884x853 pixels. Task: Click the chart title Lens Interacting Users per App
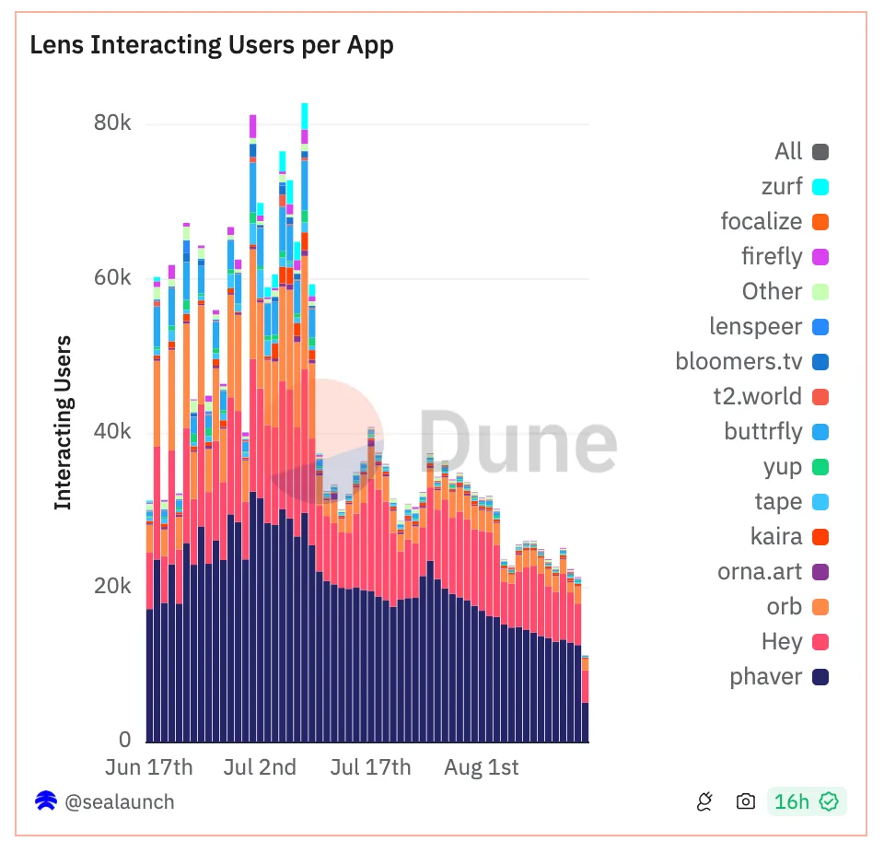click(212, 45)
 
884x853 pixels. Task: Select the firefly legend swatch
click(820, 257)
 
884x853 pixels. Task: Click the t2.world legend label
click(757, 397)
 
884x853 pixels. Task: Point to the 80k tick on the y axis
click(112, 123)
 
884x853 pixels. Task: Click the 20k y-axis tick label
click(112, 587)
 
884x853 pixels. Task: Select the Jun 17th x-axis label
click(150, 767)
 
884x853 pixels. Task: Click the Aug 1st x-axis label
click(482, 767)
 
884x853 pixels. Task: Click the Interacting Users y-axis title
click(63, 423)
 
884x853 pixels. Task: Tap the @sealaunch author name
click(120, 801)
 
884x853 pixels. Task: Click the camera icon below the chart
click(746, 801)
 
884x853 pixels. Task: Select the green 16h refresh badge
click(807, 801)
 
